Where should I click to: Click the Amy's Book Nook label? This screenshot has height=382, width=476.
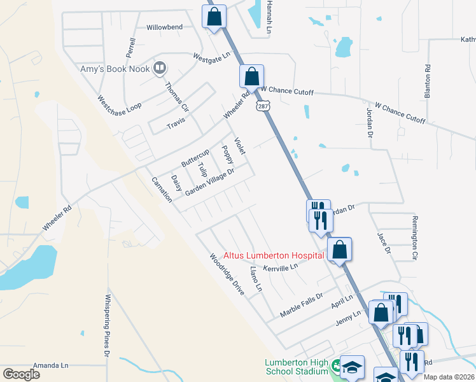coord(115,69)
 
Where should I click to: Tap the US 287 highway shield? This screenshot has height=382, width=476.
coord(261,106)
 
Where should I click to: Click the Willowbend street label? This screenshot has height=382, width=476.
coord(164,27)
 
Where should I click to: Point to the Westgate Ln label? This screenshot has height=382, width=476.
coord(212,57)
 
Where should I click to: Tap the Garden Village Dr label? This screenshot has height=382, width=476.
coord(210,181)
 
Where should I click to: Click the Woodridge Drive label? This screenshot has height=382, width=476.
coord(227,274)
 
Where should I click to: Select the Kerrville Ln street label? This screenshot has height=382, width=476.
coord(281,268)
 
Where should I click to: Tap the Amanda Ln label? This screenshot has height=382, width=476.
coord(50,365)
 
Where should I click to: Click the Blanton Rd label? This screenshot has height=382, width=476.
coord(428,81)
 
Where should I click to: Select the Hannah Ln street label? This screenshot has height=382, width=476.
coord(270,17)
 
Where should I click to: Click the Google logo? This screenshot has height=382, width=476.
coord(21,374)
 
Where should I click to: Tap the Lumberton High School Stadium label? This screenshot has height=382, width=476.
coord(297,367)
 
